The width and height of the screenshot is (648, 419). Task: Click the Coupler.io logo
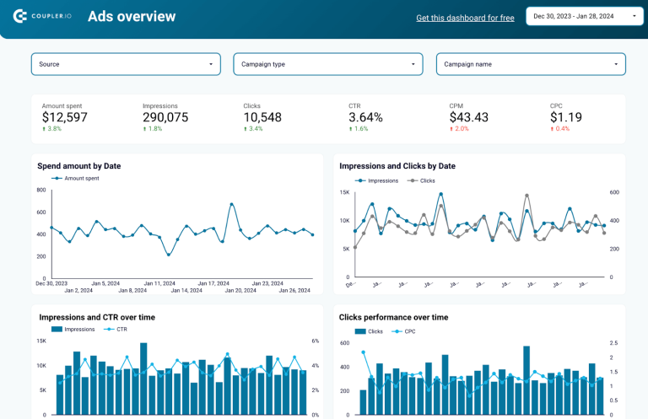tap(42, 17)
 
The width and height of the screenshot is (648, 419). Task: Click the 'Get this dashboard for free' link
tap(465, 18)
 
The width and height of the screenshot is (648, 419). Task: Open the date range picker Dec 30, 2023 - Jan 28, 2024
tap(585, 16)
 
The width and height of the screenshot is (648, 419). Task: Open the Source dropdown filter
tap(126, 64)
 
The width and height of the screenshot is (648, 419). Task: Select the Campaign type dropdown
tap(328, 64)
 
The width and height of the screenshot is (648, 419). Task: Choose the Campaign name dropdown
tap(531, 64)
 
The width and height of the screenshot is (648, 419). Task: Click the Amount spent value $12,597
tap(64, 117)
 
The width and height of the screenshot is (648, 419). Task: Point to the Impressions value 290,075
tap(165, 117)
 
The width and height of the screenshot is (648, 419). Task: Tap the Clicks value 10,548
tap(262, 117)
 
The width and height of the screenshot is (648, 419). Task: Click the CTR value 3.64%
tap(365, 117)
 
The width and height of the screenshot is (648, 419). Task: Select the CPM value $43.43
tap(468, 117)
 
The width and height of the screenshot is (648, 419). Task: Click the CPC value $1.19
tap(565, 117)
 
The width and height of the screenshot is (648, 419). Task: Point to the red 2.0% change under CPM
tap(460, 129)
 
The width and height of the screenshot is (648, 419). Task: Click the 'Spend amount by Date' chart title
tap(78, 166)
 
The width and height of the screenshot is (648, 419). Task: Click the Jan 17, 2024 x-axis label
tap(212, 283)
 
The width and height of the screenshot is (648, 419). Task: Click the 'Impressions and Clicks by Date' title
tap(397, 166)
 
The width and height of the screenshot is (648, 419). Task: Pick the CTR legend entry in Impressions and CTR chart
tap(121, 330)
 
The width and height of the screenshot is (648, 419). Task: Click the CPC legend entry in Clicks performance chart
tap(409, 331)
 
